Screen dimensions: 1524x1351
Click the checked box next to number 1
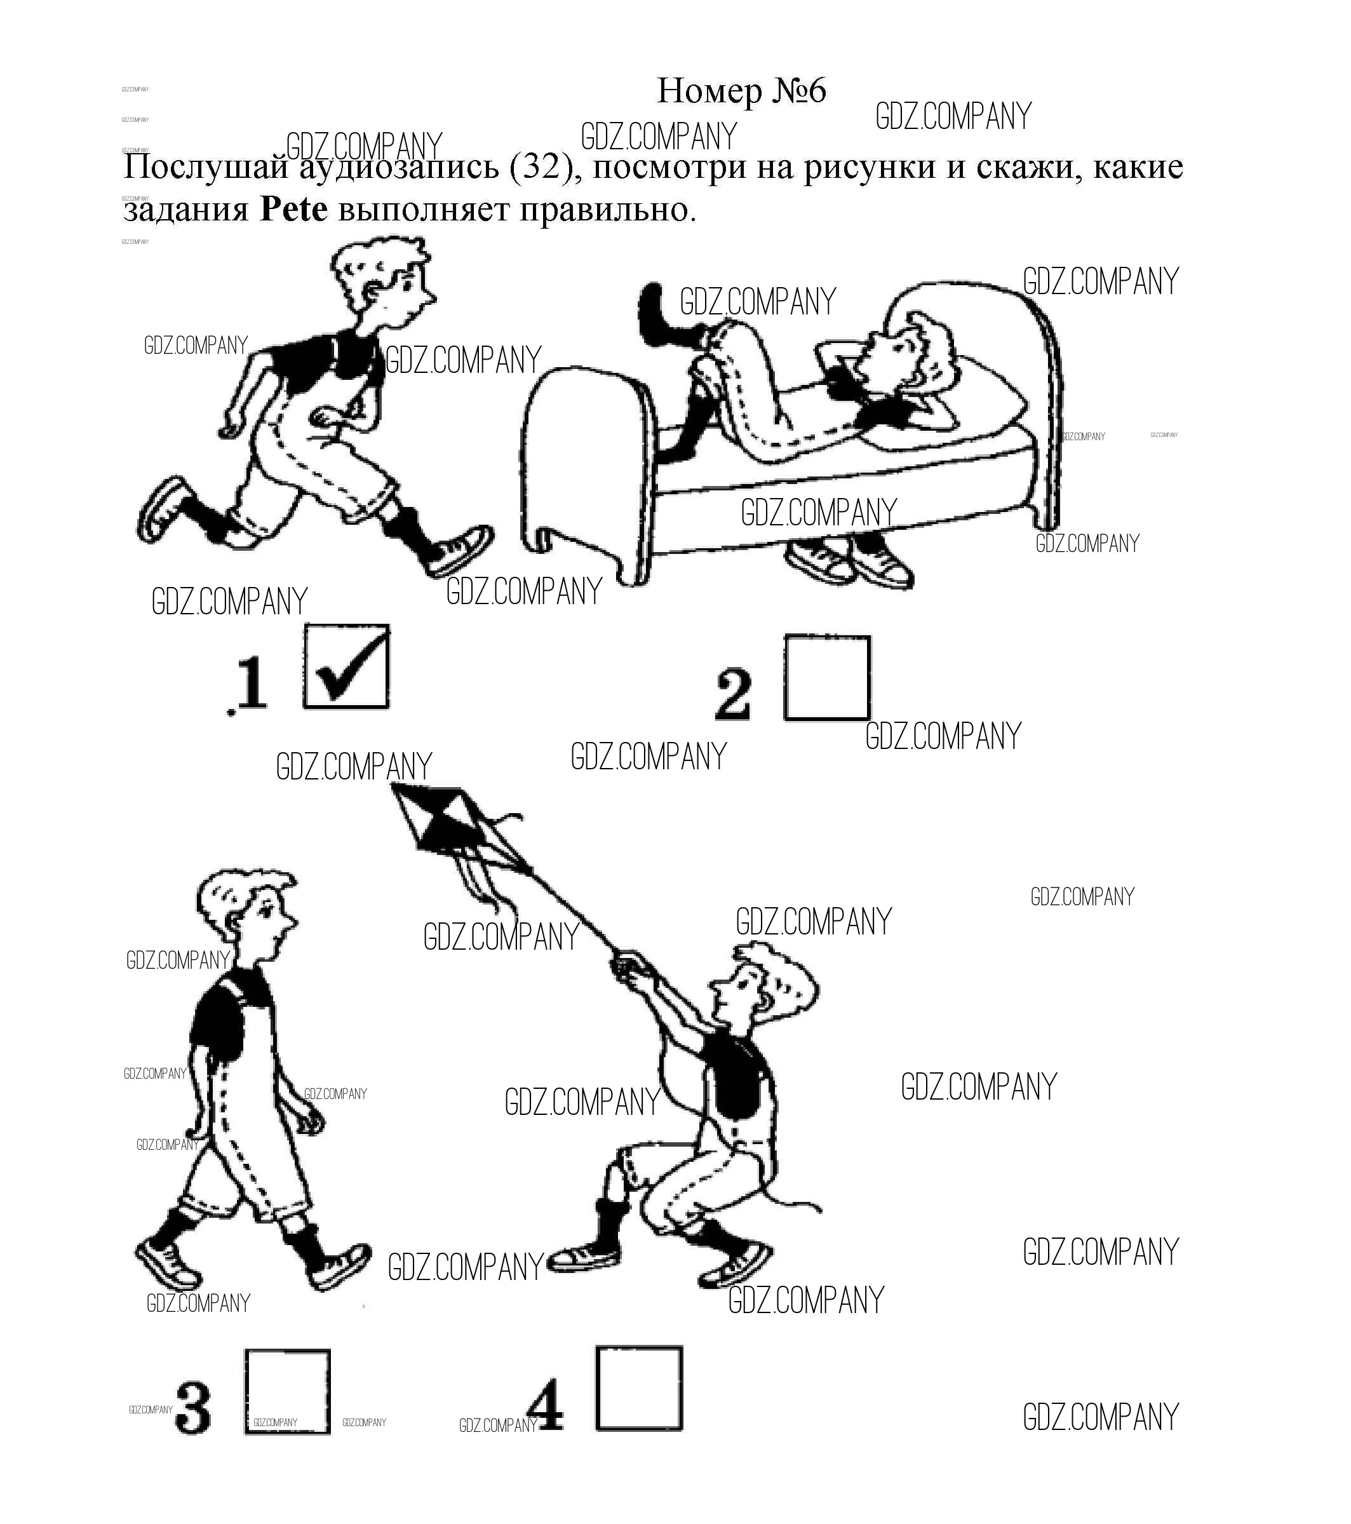tap(346, 667)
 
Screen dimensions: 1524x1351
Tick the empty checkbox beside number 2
tap(827, 678)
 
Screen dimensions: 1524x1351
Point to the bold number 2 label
tap(733, 695)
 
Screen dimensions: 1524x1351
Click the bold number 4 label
tap(546, 1405)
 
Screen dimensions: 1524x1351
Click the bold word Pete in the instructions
tap(293, 210)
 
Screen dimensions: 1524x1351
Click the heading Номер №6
tap(741, 91)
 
